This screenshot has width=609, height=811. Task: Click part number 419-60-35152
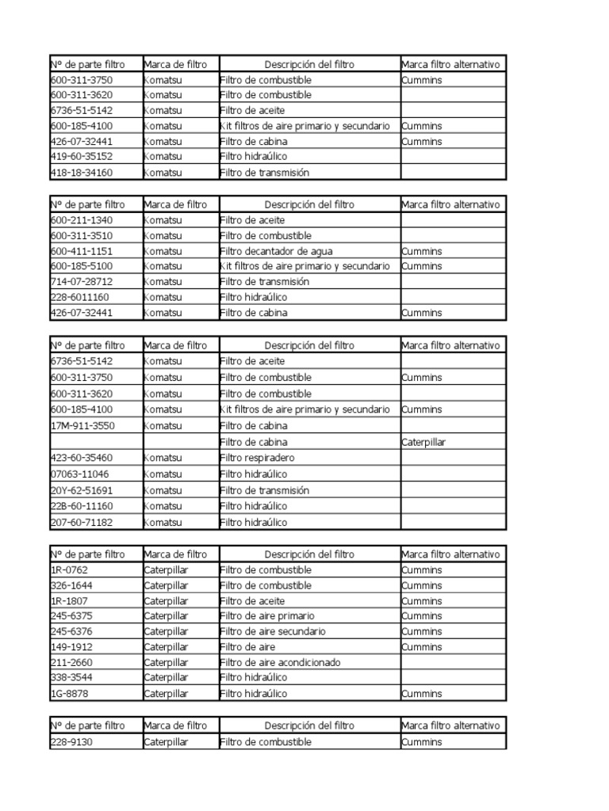(81, 157)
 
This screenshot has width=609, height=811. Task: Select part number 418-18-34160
(81, 172)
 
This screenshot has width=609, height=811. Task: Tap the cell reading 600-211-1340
(81, 220)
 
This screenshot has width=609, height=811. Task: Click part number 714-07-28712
(81, 281)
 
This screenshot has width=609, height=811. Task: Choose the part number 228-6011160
(79, 297)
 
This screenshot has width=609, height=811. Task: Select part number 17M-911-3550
(82, 426)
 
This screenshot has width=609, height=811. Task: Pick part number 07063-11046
(79, 474)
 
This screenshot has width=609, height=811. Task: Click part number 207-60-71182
(81, 522)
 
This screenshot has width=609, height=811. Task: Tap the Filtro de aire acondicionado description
(280, 662)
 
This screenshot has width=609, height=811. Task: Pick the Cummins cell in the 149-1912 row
(422, 647)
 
